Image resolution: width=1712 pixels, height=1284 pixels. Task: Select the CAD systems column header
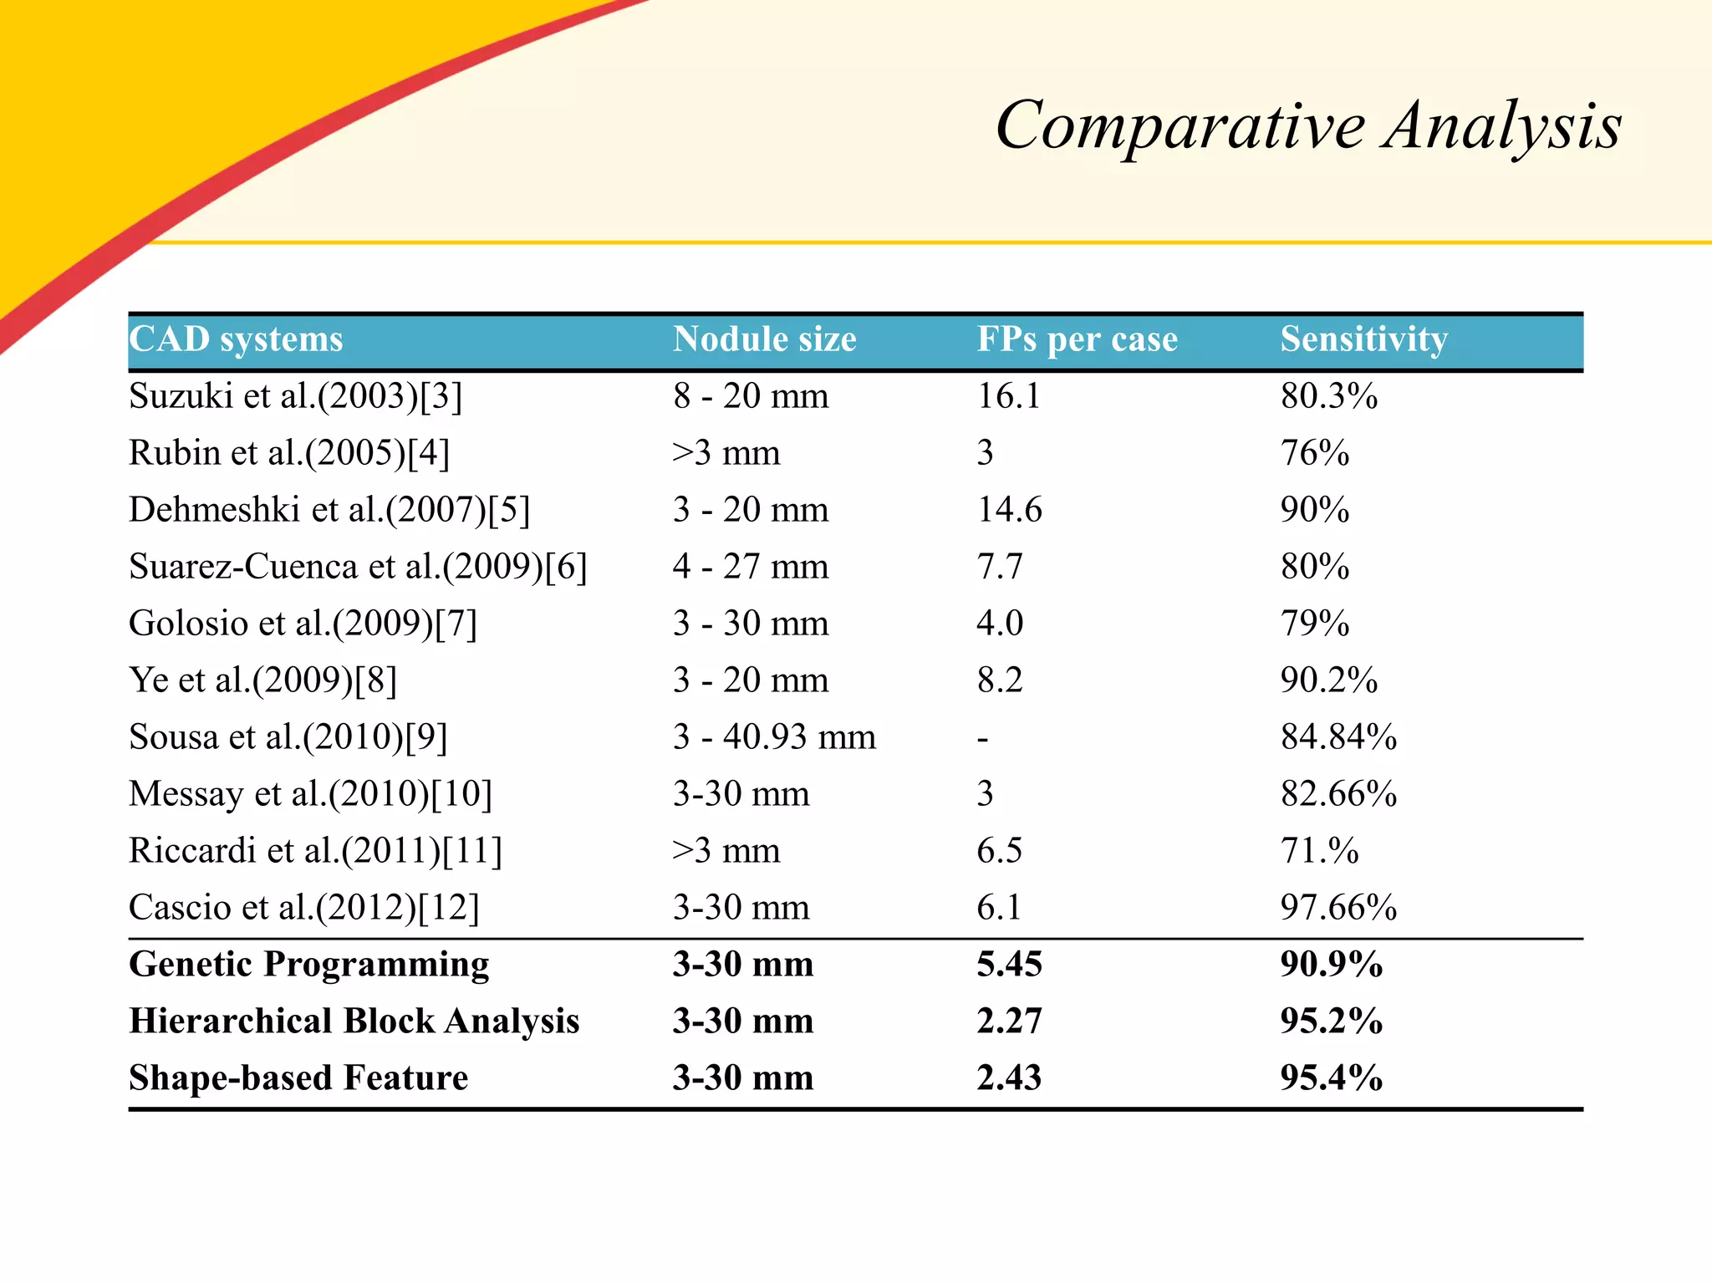tap(236, 340)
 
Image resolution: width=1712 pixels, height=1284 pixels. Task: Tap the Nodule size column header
tap(764, 340)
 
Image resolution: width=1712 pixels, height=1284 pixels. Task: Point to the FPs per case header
tap(1077, 340)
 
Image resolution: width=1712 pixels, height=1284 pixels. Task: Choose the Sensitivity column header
tap(1363, 340)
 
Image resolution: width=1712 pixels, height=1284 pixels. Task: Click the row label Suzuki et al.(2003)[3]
tap(295, 396)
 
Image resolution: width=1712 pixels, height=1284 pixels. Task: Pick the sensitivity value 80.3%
tap(1328, 396)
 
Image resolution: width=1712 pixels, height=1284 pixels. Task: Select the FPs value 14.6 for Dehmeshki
tap(1009, 510)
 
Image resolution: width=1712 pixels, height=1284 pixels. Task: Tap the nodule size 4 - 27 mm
tap(750, 567)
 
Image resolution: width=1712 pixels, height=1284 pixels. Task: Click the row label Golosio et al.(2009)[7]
tap(303, 624)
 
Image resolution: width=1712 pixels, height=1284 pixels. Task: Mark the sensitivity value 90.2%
tap(1328, 680)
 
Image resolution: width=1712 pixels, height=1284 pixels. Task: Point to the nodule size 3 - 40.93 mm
tap(774, 737)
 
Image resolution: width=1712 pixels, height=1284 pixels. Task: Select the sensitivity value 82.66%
tap(1338, 794)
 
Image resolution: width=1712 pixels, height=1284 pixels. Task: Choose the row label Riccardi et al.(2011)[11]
tap(315, 851)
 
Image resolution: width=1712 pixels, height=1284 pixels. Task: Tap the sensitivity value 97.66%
tap(1338, 908)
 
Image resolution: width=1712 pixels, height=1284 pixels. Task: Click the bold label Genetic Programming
tap(308, 965)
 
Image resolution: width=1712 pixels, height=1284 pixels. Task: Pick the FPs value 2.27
tap(1009, 1022)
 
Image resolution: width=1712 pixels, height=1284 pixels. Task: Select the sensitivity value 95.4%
tap(1331, 1078)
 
